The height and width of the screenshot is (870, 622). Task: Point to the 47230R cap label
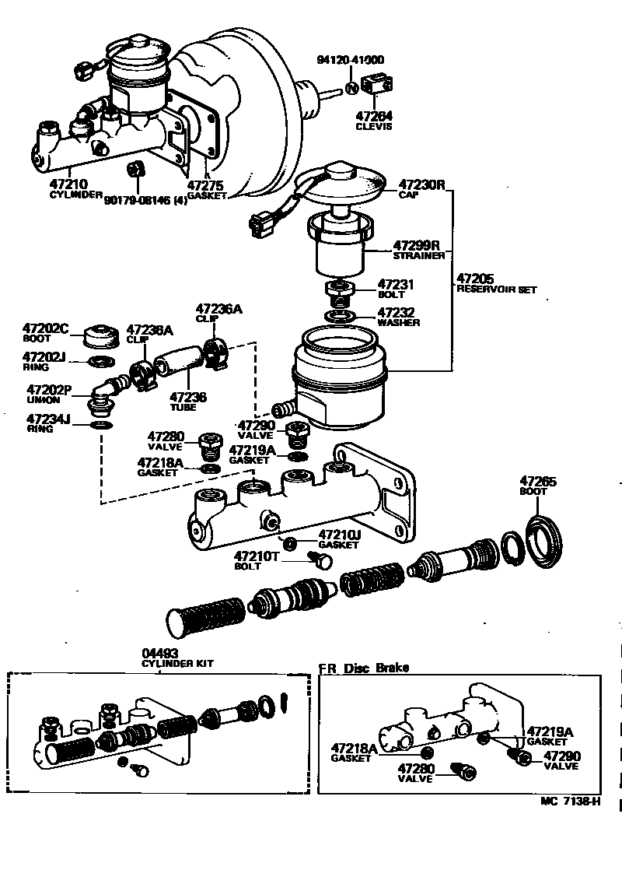pyautogui.click(x=421, y=186)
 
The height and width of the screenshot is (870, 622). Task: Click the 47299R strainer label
pyautogui.click(x=417, y=244)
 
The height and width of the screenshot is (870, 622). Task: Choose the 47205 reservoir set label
pyautogui.click(x=476, y=278)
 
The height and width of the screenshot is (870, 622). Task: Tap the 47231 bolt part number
pyautogui.click(x=397, y=286)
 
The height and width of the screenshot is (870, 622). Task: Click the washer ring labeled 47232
pyautogui.click(x=341, y=315)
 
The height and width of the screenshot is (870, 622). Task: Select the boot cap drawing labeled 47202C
pyautogui.click(x=100, y=336)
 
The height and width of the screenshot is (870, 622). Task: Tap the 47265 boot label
pyautogui.click(x=538, y=482)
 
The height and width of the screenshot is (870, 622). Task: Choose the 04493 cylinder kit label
pyautogui.click(x=159, y=654)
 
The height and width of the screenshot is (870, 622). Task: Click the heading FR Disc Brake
pyautogui.click(x=363, y=668)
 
